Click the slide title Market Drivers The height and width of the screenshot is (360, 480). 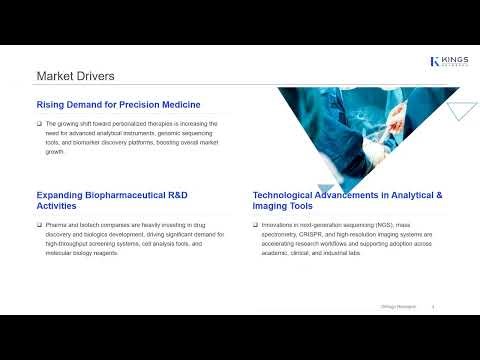[x=75, y=76]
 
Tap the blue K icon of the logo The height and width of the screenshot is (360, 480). [x=435, y=62]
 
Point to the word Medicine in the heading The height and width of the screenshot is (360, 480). [x=176, y=105]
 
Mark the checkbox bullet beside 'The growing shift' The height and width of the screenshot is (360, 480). [x=39, y=122]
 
